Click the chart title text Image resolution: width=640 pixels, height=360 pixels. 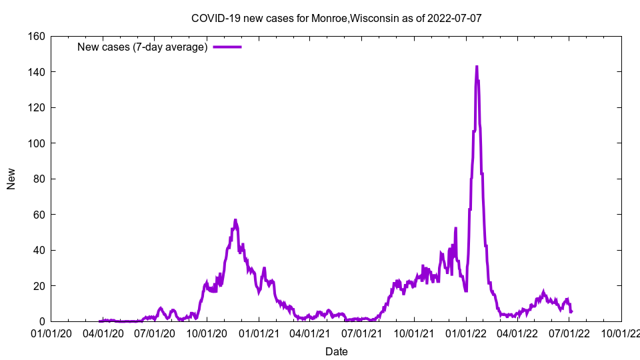336,18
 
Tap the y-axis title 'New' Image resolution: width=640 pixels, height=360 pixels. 11,179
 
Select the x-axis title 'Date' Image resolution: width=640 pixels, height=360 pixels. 336,351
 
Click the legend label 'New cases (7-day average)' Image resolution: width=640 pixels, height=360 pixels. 142,47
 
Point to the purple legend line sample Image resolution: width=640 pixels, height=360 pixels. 227,47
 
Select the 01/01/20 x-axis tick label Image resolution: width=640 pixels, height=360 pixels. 51,333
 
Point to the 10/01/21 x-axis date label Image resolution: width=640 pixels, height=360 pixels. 413,333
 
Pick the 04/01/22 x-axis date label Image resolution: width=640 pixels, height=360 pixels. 517,333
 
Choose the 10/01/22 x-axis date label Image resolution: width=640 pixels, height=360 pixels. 621,333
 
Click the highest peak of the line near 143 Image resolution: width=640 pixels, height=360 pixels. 477,67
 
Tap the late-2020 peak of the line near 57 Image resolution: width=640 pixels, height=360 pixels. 235,220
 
